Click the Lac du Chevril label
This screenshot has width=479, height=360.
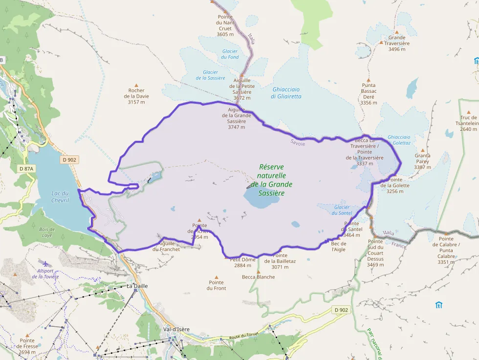click(60, 197)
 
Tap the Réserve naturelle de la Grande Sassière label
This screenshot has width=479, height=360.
click(271, 180)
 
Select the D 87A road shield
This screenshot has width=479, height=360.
click(27, 169)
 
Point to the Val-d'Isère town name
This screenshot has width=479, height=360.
click(176, 329)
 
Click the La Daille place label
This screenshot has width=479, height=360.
click(137, 286)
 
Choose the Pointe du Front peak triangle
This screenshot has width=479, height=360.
click(217, 276)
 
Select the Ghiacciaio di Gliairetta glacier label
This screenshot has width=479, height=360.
click(286, 93)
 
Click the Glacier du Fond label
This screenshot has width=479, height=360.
click(230, 54)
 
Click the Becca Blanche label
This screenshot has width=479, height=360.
click(259, 277)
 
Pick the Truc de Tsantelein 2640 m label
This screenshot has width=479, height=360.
click(469, 124)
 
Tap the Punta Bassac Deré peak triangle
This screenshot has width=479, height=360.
click(369, 80)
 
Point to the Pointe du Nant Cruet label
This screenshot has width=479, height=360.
click(225, 25)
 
